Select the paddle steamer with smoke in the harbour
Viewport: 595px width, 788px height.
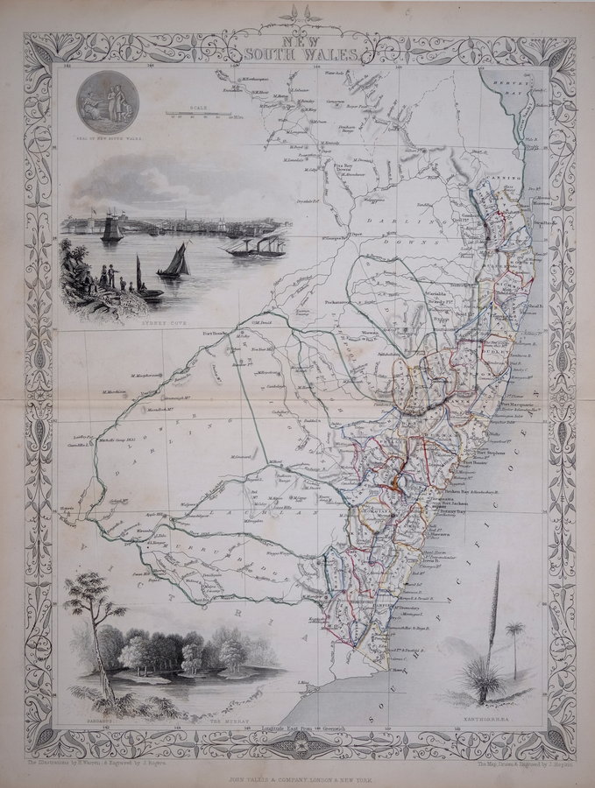point(254,244)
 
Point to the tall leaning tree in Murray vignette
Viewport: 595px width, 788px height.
point(90,630)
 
